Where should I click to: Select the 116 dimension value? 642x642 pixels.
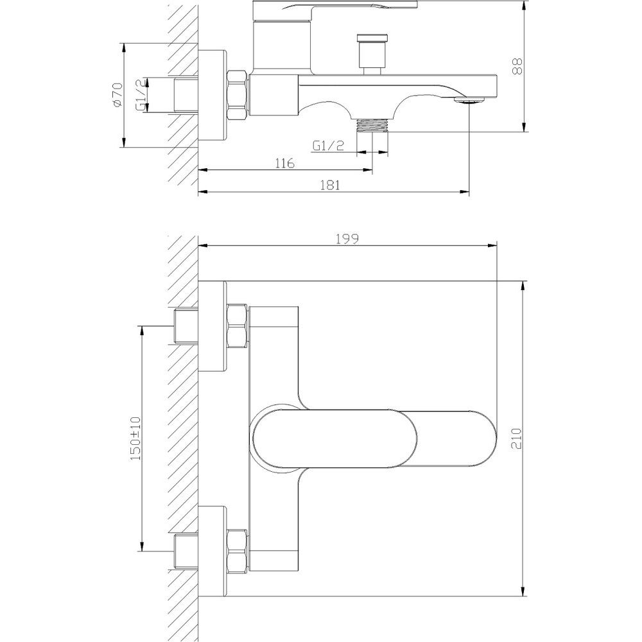[284, 163]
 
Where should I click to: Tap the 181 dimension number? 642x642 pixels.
[330, 185]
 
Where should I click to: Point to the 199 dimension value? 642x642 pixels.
[347, 239]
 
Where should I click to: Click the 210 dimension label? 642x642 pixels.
[517, 438]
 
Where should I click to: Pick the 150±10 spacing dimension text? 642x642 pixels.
[135, 438]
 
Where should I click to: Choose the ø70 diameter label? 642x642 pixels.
[117, 95]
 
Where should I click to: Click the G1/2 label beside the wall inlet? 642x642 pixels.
[141, 95]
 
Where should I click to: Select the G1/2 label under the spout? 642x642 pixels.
[328, 145]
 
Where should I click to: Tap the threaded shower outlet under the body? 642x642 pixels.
[372, 125]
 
